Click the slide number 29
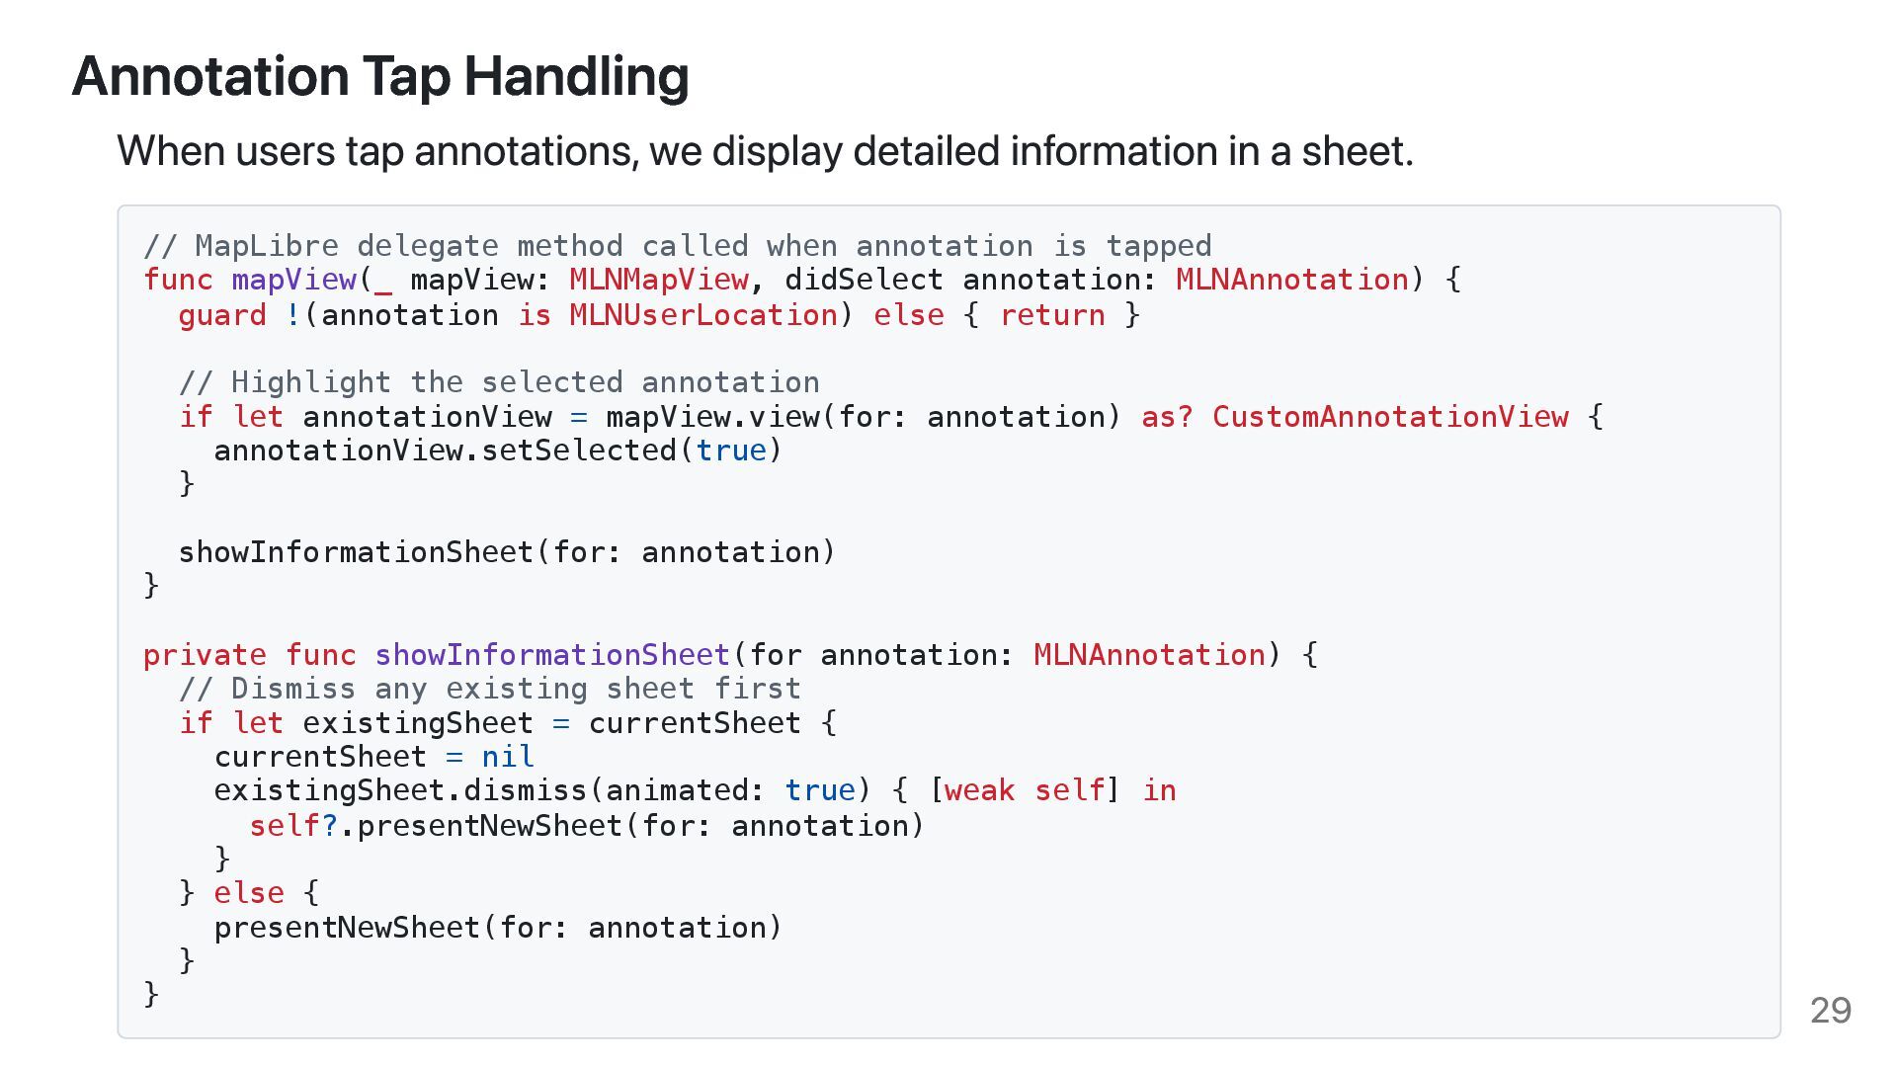(1830, 1010)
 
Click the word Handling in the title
(576, 76)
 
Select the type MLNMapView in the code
(658, 280)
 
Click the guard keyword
(222, 315)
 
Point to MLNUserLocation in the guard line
(703, 315)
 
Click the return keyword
(1052, 315)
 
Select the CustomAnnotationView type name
(1389, 417)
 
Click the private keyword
(205, 655)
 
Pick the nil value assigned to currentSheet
(508, 757)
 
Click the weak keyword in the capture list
(979, 790)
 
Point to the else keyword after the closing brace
(249, 893)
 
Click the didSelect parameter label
(864, 280)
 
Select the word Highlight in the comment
(311, 382)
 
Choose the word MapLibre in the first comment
(267, 246)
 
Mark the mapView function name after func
(293, 280)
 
